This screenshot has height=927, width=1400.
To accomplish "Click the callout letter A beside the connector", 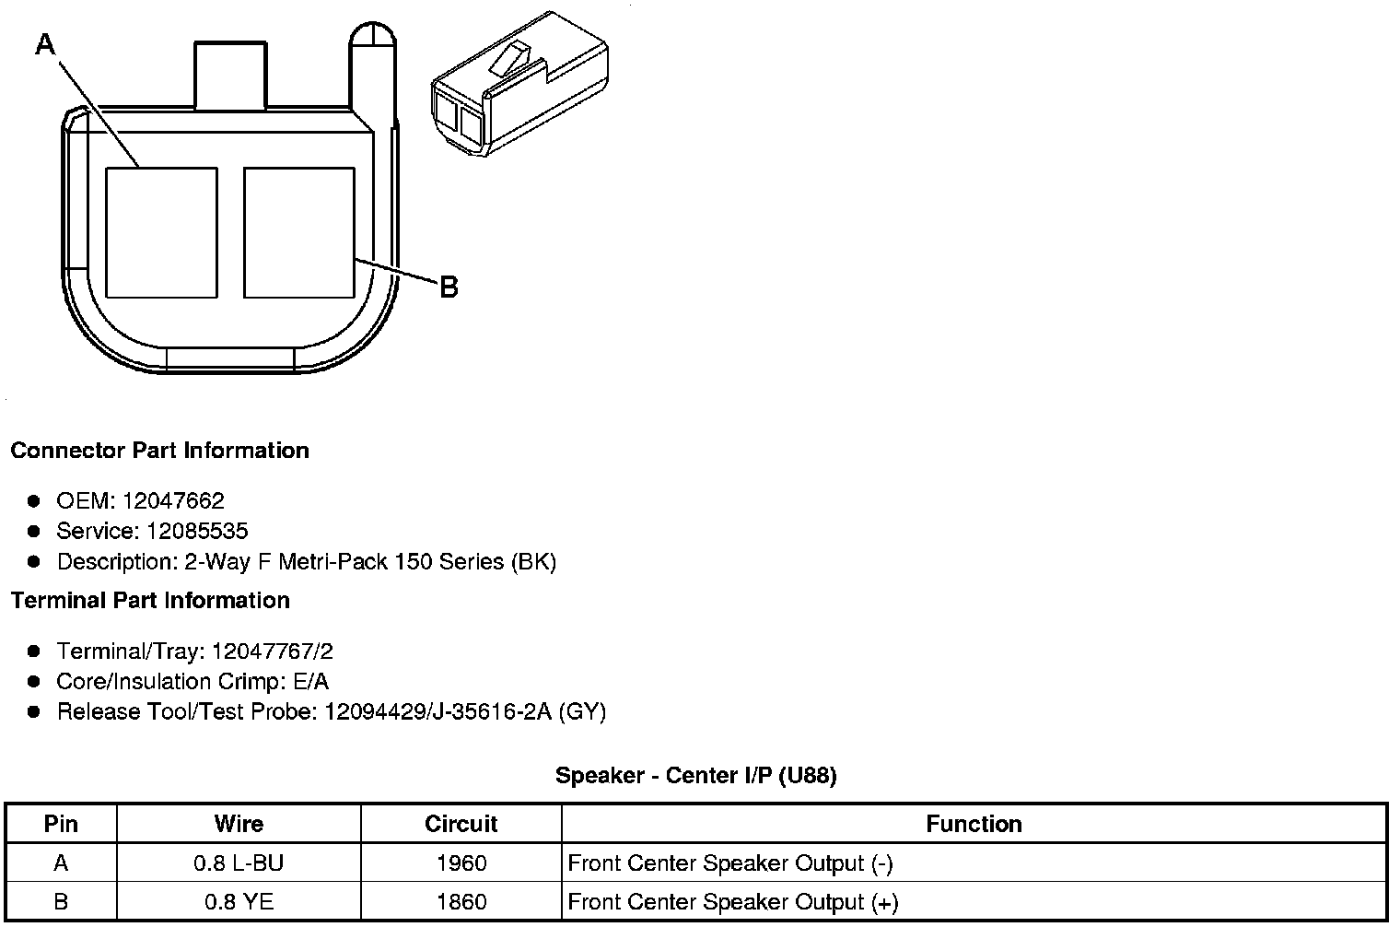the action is (45, 43).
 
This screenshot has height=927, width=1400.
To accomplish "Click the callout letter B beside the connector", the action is (449, 287).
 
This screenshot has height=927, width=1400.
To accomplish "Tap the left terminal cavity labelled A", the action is (162, 232).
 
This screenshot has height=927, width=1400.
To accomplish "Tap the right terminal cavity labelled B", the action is (299, 232).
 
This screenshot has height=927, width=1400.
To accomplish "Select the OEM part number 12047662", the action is (173, 501).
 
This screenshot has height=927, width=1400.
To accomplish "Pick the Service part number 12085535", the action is (197, 532).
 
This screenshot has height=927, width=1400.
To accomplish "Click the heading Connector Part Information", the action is (159, 451).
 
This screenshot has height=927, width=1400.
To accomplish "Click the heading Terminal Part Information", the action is (150, 601).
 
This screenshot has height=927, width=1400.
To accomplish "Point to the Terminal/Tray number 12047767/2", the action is (273, 652).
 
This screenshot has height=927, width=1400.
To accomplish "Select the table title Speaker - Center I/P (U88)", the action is (695, 776).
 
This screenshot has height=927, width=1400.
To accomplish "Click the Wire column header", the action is (239, 824).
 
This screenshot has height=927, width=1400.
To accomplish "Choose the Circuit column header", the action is (461, 824).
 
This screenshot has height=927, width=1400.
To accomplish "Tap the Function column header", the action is (974, 824).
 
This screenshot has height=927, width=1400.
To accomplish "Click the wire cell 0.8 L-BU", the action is (239, 863).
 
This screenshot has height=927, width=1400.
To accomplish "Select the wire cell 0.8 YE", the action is (239, 902).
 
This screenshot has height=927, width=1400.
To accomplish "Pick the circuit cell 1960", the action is (461, 863).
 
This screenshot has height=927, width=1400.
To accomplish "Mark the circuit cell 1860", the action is (461, 902).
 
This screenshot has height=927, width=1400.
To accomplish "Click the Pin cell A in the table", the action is (61, 863).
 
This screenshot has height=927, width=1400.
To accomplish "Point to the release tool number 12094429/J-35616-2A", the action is (438, 712).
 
